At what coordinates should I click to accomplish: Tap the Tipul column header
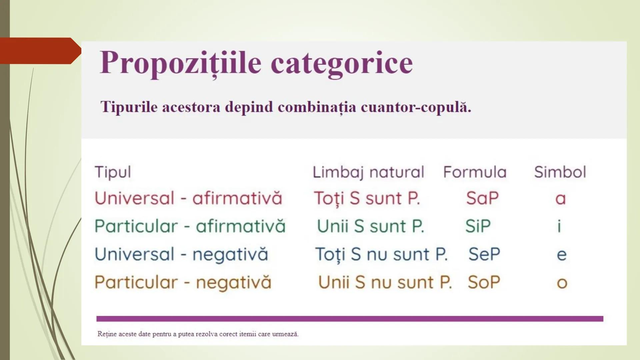point(113,172)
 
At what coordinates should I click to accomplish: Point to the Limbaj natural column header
point(368,172)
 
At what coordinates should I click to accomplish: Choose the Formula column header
point(475,172)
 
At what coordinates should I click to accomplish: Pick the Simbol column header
point(560,172)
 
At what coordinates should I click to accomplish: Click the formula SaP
point(482,198)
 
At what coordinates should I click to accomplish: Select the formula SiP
point(478,226)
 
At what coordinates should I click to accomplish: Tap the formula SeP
point(484,254)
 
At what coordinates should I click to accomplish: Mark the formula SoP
point(484,282)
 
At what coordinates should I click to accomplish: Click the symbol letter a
point(560,199)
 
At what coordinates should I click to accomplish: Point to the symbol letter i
point(559,226)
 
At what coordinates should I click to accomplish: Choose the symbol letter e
point(561,255)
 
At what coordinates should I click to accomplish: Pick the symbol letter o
point(562,283)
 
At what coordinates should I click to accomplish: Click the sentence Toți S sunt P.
point(367,198)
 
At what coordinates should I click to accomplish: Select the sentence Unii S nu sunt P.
point(385,282)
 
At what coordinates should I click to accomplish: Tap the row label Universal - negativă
point(181,254)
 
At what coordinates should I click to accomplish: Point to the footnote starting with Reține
point(198,334)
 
